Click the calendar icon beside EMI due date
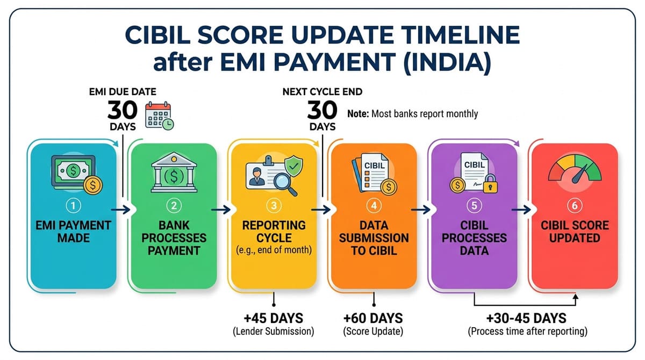160,116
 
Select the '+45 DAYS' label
274,318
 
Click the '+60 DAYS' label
374,318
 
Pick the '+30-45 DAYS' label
527,318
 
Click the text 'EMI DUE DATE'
123,92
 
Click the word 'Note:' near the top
358,114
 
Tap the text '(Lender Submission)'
274,332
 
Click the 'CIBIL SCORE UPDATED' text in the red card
574,231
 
